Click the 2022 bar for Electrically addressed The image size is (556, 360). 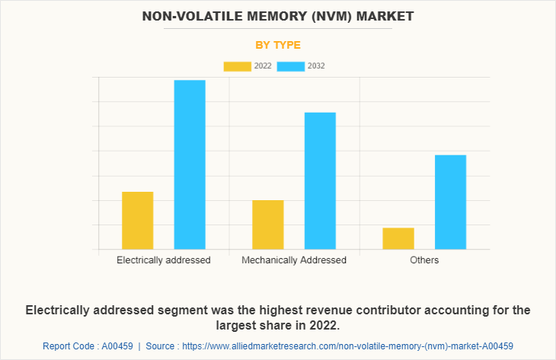click(137, 220)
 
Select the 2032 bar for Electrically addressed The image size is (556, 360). click(190, 164)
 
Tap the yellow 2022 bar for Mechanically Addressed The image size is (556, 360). click(268, 225)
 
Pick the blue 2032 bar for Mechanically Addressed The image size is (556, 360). click(320, 180)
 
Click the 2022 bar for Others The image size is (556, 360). click(398, 238)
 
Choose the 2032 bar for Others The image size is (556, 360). click(450, 202)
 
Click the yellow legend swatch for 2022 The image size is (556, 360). click(237, 66)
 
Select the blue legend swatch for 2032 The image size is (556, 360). click(291, 66)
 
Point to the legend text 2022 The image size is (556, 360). click(263, 66)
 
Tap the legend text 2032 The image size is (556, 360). click(316, 66)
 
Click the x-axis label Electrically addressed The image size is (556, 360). click(164, 260)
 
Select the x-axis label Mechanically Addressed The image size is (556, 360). click(294, 260)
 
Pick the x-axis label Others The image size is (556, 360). click(424, 260)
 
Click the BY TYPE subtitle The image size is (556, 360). click(278, 45)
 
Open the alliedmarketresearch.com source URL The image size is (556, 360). click(347, 346)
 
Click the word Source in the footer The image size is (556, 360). click(161, 346)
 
